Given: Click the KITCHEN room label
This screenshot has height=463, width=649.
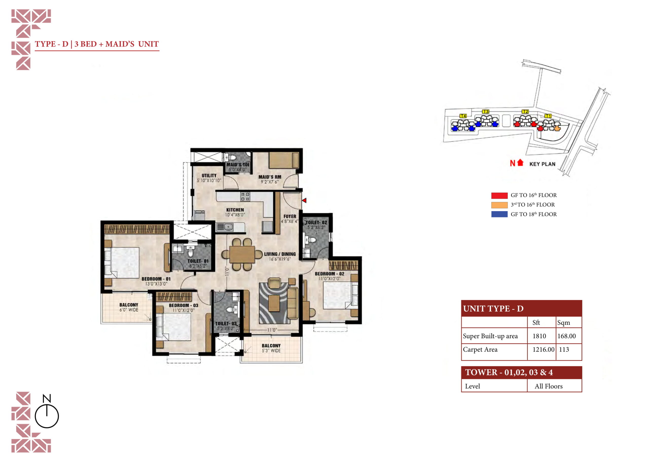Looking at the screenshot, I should [235, 210].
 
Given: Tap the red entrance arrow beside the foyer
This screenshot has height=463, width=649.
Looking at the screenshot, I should [304, 200].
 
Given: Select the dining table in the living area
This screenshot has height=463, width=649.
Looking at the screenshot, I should [242, 254].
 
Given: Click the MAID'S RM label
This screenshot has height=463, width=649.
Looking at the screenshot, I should [270, 177].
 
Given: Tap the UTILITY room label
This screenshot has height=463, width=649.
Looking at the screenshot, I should [209, 176].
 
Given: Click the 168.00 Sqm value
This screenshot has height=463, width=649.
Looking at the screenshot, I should [567, 336].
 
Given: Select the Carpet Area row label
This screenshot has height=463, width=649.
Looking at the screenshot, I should [480, 350].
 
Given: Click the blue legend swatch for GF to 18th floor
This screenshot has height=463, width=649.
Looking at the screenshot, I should [499, 214].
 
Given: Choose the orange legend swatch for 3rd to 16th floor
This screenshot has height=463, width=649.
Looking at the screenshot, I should [499, 205].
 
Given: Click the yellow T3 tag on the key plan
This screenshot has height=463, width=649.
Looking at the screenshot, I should [485, 111].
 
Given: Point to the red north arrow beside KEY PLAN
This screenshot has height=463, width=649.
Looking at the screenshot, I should [520, 162].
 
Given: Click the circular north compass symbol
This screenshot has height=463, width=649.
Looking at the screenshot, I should [47, 416].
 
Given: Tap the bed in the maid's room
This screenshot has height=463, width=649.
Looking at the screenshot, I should [283, 160].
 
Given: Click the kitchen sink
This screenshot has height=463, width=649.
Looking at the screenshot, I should [228, 227].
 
